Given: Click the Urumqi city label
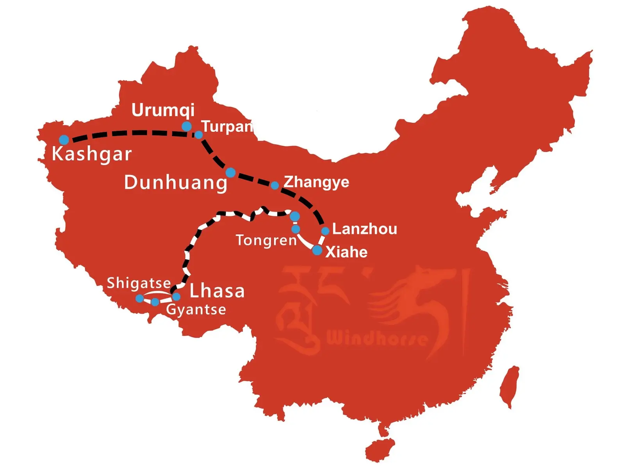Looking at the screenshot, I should click(x=163, y=110).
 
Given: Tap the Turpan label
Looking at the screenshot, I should click(x=227, y=127).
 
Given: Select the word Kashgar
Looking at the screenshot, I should click(x=92, y=154).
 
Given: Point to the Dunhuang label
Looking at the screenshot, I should click(x=176, y=183).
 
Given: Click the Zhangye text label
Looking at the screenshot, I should click(x=316, y=182).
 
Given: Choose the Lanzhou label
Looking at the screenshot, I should click(x=364, y=229).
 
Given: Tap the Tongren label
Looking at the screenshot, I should click(x=266, y=240).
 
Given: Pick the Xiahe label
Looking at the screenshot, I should click(x=346, y=252).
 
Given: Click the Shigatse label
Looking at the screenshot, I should click(x=139, y=283).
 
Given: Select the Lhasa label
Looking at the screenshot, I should click(x=217, y=291).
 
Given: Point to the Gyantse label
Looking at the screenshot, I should click(x=196, y=310).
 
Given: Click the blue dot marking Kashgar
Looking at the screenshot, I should click(x=64, y=140).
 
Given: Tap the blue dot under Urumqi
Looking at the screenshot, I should click(x=187, y=126).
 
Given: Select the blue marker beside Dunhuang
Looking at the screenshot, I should click(x=230, y=172).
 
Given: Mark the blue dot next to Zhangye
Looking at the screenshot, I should click(x=275, y=185).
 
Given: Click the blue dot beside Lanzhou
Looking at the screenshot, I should click(x=325, y=231).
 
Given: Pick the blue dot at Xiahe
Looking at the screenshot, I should click(x=317, y=250).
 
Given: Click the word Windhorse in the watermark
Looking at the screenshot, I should click(x=377, y=338).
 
